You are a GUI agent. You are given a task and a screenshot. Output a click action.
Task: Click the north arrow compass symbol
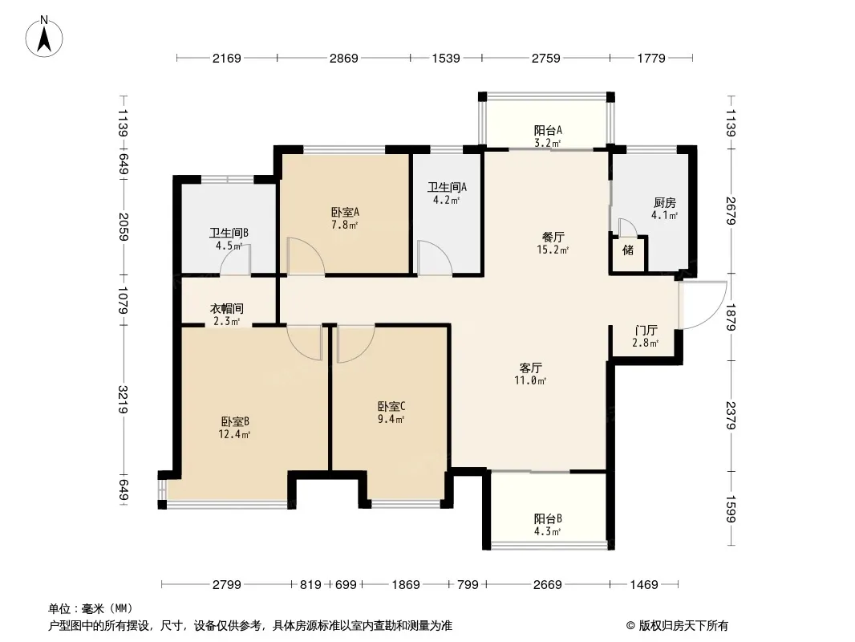[x=44, y=37]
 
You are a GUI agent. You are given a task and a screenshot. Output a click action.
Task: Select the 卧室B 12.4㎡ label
[x=234, y=428]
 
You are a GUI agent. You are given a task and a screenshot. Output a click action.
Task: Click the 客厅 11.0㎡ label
[x=530, y=374]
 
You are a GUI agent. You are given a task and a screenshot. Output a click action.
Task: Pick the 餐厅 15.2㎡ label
[x=553, y=243]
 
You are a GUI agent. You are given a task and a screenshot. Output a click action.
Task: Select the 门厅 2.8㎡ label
[x=646, y=336]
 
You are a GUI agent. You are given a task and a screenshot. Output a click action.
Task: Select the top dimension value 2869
[x=343, y=58]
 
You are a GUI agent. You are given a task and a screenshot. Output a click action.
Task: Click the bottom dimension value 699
[x=346, y=585]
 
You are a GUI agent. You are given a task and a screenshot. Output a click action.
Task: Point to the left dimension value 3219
[x=124, y=399]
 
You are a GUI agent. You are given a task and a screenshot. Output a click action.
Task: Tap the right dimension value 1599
[x=731, y=508]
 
